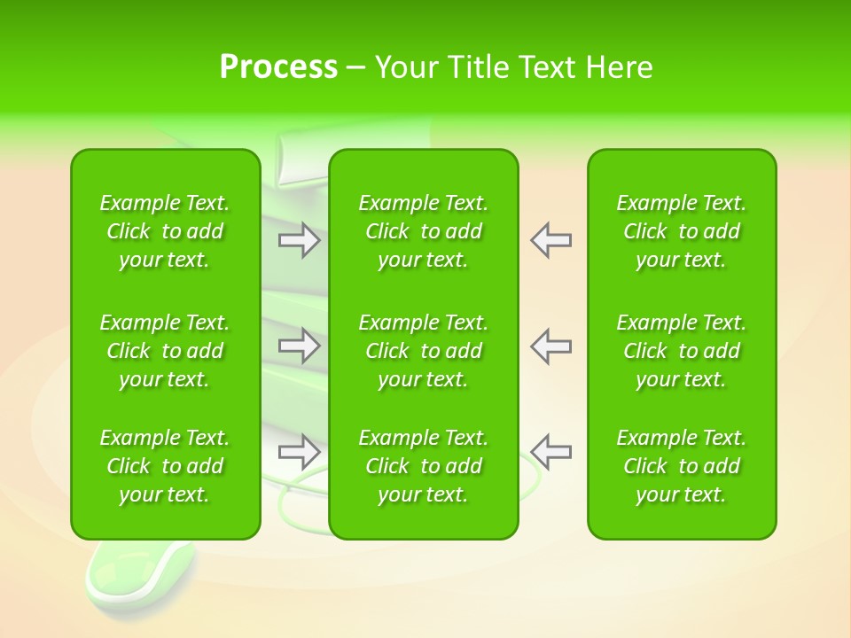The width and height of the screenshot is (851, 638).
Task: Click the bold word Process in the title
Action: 278,67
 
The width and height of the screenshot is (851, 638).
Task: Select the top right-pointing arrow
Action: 300,240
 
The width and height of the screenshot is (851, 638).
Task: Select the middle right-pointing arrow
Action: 300,346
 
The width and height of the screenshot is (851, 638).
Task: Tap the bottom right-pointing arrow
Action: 300,452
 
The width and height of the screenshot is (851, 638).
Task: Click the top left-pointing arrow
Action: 551,240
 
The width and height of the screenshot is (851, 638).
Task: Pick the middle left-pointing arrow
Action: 551,346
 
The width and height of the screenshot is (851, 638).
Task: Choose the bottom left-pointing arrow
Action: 551,452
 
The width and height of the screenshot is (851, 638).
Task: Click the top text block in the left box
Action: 165,231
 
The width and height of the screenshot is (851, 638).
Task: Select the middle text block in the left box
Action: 165,351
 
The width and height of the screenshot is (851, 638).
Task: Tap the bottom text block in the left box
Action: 165,466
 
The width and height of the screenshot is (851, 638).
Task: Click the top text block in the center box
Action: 423,231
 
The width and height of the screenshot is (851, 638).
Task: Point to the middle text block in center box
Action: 423,351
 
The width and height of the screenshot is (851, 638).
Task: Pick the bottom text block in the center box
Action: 423,466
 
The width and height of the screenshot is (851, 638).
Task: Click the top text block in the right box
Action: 681,231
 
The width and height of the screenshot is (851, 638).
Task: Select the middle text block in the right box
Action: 681,351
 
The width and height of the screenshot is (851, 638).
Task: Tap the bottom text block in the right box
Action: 681,466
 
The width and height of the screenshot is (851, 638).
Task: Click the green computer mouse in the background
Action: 124,572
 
